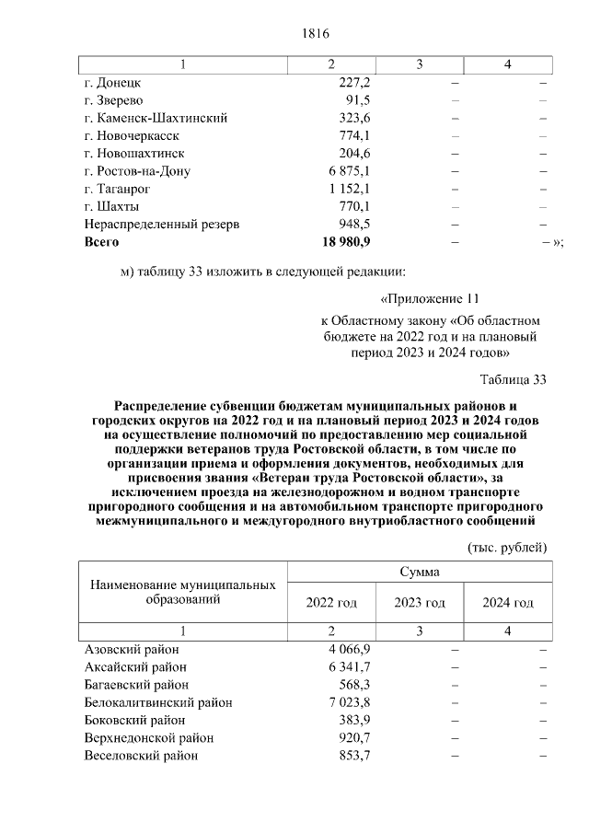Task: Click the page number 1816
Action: [315, 34]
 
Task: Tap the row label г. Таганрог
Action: [118, 189]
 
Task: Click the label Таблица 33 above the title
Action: [514, 379]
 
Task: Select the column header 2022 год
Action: [331, 603]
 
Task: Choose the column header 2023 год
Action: [420, 603]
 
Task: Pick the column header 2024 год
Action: [508, 603]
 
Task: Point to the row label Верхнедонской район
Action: [148, 738]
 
